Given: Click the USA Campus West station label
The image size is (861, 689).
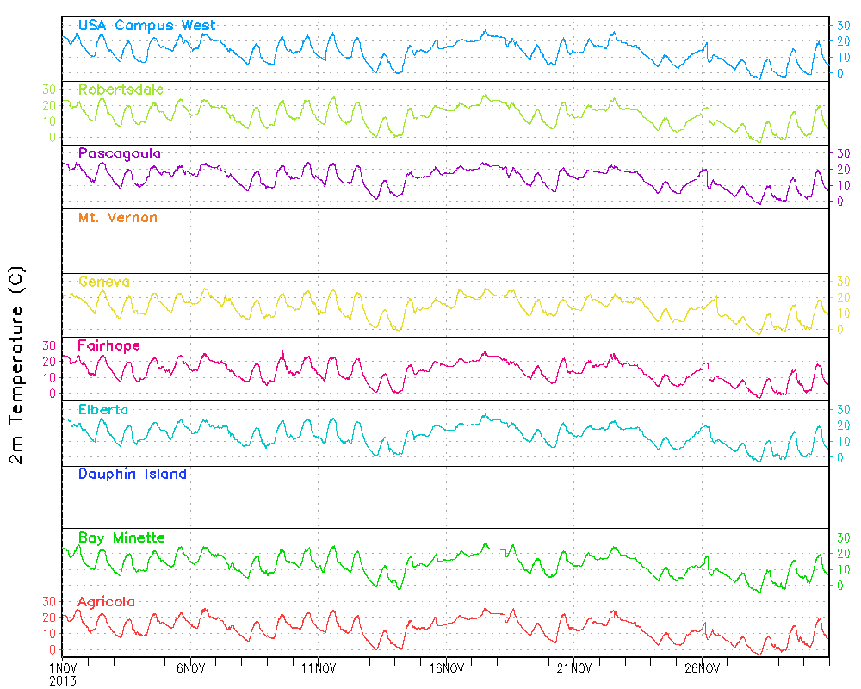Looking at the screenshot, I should pyautogui.click(x=146, y=26).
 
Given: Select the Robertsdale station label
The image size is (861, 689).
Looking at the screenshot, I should pyautogui.click(x=121, y=90).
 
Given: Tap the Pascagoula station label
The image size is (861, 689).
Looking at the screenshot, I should pyautogui.click(x=119, y=154).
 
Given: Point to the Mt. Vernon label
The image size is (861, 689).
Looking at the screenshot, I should pyautogui.click(x=117, y=218).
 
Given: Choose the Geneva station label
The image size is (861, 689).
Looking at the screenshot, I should pyautogui.click(x=103, y=282).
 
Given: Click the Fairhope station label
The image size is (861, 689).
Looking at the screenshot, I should pyautogui.click(x=108, y=345).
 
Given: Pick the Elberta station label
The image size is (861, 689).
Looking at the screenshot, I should pyautogui.click(x=102, y=410).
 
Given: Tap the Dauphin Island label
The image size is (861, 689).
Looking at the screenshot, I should pyautogui.click(x=132, y=474).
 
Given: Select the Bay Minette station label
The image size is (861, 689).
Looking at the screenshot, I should pyautogui.click(x=121, y=538).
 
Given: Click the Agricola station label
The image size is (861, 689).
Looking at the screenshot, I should pyautogui.click(x=106, y=601).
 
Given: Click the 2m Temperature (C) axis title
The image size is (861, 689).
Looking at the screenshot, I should pyautogui.click(x=17, y=365).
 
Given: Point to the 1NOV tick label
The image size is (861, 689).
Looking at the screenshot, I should pyautogui.click(x=62, y=667).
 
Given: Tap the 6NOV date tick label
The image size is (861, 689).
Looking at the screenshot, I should pyautogui.click(x=190, y=667).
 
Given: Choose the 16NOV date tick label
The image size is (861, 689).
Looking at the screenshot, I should pyautogui.click(x=446, y=667).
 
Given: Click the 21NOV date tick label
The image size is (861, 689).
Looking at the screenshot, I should pyautogui.click(x=573, y=667).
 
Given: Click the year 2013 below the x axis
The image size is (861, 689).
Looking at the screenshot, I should pyautogui.click(x=62, y=680).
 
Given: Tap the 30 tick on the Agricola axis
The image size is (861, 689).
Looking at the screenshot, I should pyautogui.click(x=49, y=601).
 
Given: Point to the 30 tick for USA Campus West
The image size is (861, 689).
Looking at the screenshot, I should pyautogui.click(x=845, y=25).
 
